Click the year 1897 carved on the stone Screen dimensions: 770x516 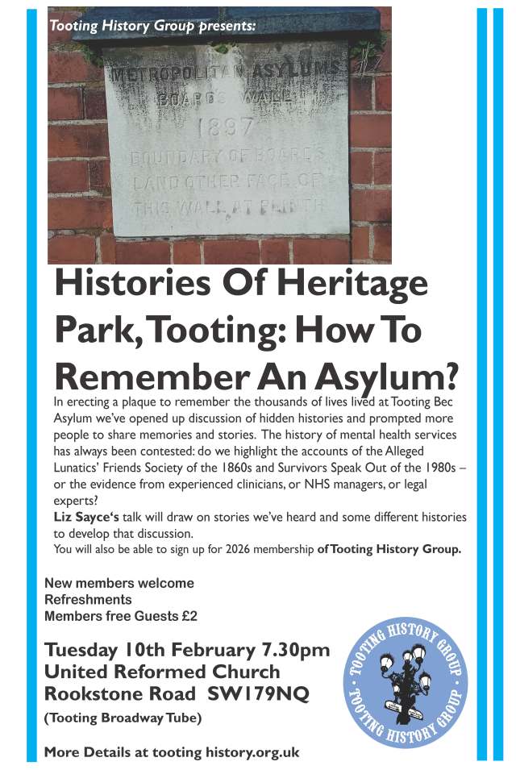pyautogui.click(x=227, y=127)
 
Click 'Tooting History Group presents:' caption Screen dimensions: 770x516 pyautogui.click(x=152, y=26)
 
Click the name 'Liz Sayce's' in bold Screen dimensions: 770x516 pyautogui.click(x=86, y=516)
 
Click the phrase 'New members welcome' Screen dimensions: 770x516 pyautogui.click(x=119, y=583)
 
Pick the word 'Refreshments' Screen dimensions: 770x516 pyautogui.click(x=88, y=599)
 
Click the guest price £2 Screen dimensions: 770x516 pyautogui.click(x=189, y=616)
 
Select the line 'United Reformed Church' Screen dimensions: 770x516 pyautogui.click(x=162, y=672)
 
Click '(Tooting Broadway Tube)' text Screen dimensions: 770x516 pyautogui.click(x=123, y=718)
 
